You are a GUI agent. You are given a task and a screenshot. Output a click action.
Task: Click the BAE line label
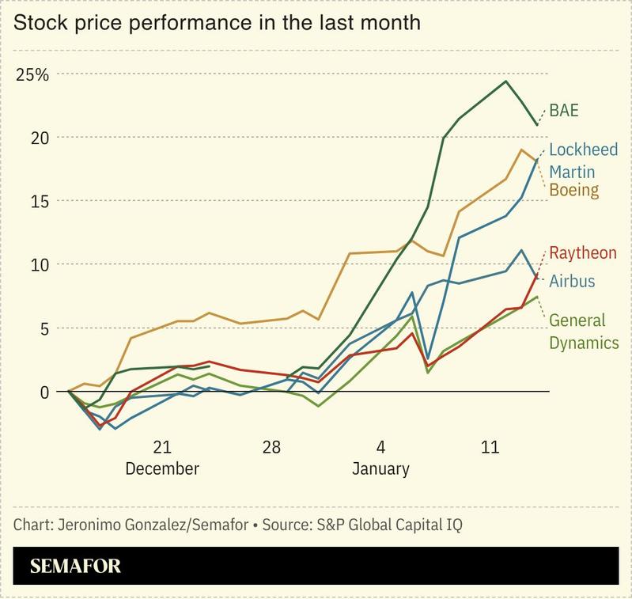click(x=565, y=110)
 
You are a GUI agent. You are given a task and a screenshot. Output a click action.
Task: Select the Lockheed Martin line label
click(x=583, y=161)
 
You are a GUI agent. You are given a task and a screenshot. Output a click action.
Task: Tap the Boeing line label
click(x=573, y=190)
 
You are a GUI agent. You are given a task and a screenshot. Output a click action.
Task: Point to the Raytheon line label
click(x=583, y=253)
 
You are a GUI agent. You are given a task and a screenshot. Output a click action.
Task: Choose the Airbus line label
click(x=572, y=281)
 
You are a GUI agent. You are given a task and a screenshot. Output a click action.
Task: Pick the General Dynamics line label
click(x=584, y=331)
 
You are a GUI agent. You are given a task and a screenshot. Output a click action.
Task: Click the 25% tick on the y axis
click(x=32, y=75)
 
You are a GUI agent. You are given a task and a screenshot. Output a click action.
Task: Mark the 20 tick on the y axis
click(x=40, y=138)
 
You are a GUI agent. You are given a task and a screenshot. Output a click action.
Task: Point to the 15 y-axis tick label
click(x=40, y=201)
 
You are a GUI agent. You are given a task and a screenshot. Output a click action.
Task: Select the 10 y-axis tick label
click(x=40, y=264)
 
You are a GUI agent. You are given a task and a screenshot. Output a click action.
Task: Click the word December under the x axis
click(x=162, y=468)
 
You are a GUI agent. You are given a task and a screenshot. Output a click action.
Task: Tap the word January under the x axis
click(x=380, y=468)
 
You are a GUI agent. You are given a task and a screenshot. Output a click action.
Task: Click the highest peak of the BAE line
click(x=505, y=81)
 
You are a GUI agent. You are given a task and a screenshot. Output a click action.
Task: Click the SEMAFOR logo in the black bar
click(x=76, y=567)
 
